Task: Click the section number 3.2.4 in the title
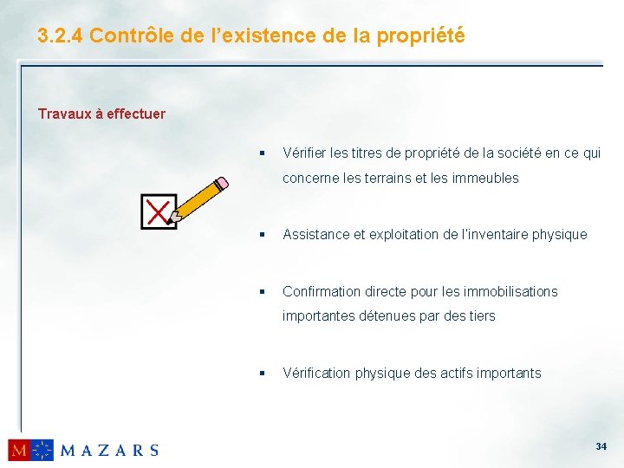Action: (60, 36)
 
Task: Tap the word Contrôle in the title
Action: (129, 36)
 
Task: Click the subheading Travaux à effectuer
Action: (101, 114)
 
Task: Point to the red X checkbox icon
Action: (158, 211)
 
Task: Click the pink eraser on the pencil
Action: (222, 183)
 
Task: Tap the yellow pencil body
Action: (198, 198)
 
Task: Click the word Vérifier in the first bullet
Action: (303, 153)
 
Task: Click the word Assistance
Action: (315, 234)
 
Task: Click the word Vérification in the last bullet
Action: (316, 373)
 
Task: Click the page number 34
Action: (601, 446)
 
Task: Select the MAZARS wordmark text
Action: (109, 450)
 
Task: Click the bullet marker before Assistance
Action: (261, 234)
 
